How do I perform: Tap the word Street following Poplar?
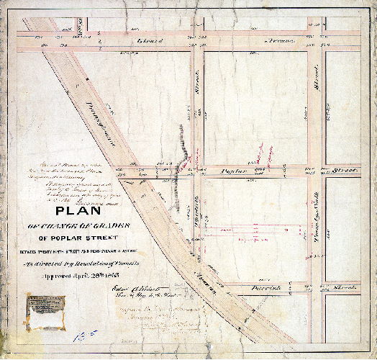tap(347, 171)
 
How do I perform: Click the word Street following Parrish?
tap(348, 287)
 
